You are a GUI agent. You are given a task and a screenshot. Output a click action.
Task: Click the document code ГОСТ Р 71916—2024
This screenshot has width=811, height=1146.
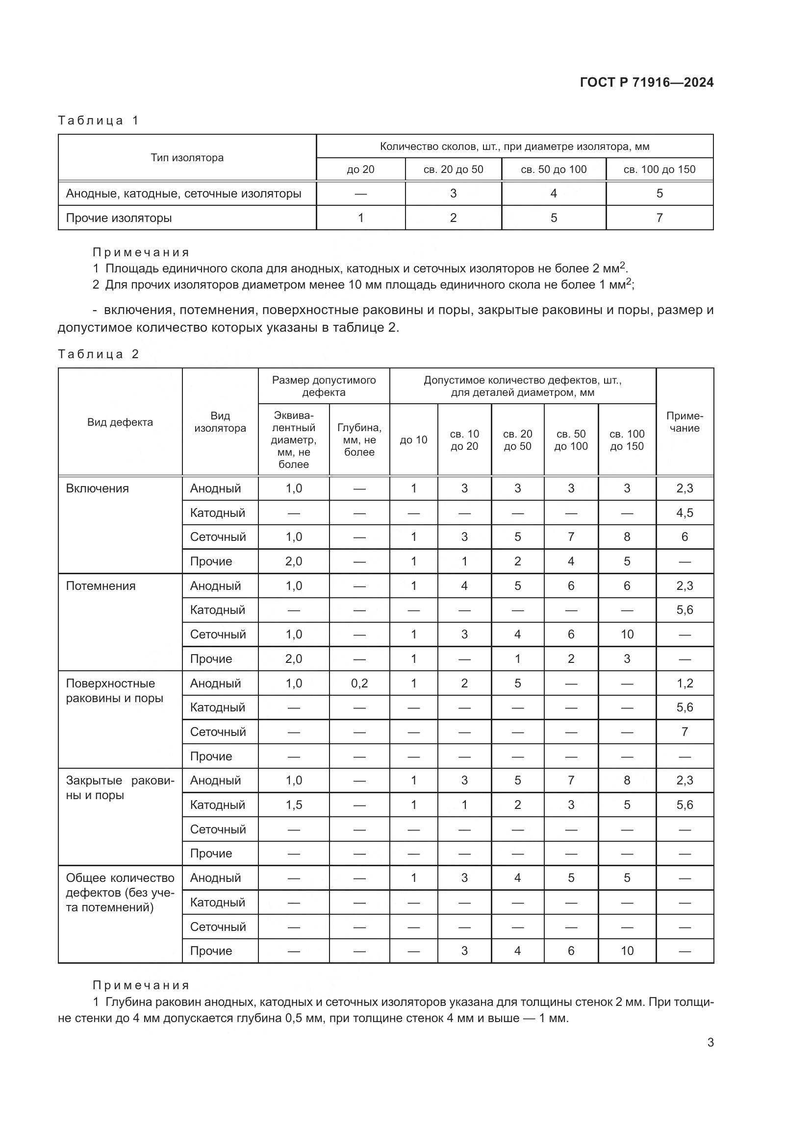(x=646, y=82)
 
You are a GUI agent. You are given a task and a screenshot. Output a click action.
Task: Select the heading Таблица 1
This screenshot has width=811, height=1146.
(x=98, y=121)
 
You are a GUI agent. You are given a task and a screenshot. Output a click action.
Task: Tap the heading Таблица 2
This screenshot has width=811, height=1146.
(x=98, y=354)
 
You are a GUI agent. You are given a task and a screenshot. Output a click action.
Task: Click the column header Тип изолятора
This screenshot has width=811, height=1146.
(x=187, y=158)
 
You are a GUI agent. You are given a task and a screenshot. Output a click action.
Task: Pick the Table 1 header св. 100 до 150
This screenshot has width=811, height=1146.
(x=659, y=169)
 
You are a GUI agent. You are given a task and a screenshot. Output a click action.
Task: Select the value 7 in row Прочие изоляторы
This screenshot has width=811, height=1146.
(x=659, y=218)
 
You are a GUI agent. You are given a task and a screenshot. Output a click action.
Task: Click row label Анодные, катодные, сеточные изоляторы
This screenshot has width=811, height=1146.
(x=183, y=194)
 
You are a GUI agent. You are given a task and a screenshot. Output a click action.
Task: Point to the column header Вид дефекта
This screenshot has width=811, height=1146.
(x=120, y=422)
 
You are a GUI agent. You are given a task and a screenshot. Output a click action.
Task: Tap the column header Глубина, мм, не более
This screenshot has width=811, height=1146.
(x=359, y=439)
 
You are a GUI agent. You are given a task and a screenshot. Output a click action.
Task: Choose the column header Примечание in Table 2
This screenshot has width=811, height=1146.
(x=684, y=422)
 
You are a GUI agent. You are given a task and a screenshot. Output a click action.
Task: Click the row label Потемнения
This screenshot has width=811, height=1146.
(x=101, y=586)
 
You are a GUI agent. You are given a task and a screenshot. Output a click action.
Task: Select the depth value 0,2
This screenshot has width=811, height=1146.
(x=359, y=683)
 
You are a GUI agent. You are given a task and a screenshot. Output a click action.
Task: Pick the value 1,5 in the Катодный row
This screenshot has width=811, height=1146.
(x=294, y=805)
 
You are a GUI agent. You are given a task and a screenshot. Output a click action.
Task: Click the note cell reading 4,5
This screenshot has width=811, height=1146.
(x=684, y=513)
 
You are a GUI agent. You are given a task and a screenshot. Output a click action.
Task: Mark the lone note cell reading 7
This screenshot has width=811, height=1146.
(x=684, y=731)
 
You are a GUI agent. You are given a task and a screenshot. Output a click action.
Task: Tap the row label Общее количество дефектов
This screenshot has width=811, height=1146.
(x=120, y=892)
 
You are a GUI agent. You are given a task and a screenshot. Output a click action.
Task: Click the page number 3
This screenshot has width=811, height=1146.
(x=710, y=1043)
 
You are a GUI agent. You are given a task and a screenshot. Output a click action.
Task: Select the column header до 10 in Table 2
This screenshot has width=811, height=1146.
(x=413, y=439)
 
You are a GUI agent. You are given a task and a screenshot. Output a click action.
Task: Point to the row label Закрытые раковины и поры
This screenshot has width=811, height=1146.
(x=120, y=788)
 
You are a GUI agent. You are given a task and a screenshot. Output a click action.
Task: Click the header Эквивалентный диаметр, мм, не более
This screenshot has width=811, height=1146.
(x=294, y=439)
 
